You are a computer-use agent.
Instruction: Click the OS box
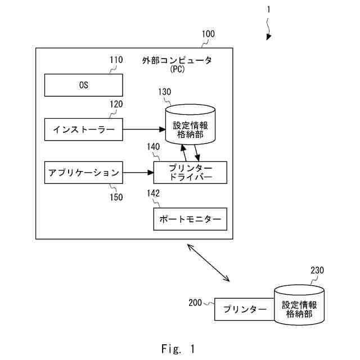click(x=84, y=85)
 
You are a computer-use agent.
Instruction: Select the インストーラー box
click(x=84, y=129)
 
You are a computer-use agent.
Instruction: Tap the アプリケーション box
click(x=84, y=173)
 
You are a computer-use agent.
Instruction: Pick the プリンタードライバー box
click(x=190, y=173)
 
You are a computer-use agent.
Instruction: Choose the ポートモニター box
click(x=190, y=219)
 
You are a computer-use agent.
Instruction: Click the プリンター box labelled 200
click(x=245, y=309)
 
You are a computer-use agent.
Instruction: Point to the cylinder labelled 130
click(x=190, y=125)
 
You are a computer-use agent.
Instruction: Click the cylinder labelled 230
click(x=299, y=305)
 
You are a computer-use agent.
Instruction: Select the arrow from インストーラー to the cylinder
click(x=144, y=129)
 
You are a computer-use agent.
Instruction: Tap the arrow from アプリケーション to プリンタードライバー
click(x=138, y=173)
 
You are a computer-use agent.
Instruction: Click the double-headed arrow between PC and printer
click(x=208, y=263)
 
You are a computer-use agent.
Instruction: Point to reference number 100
click(x=208, y=34)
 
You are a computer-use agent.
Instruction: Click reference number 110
click(x=116, y=60)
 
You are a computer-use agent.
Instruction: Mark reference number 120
click(x=116, y=104)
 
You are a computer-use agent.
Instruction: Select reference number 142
click(x=153, y=193)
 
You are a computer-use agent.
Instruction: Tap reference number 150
click(x=116, y=197)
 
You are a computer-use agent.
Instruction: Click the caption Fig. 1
click(x=178, y=349)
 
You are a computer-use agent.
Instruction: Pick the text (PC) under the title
click(x=177, y=69)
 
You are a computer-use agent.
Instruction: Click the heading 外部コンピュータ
click(x=177, y=60)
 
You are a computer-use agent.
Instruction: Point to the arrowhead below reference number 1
click(x=269, y=37)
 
